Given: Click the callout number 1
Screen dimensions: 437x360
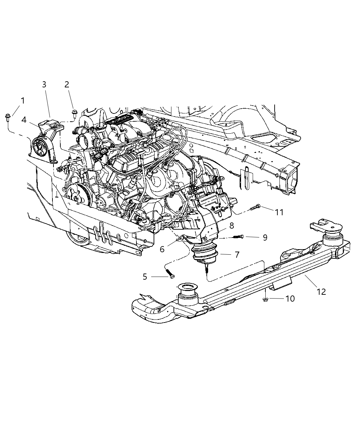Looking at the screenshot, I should [23, 101].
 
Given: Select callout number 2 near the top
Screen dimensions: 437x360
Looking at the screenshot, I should [67, 85].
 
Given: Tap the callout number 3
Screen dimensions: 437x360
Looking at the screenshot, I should [44, 85].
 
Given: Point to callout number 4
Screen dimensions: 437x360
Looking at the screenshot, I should [24, 120].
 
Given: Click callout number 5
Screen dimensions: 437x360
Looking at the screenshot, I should [145, 277].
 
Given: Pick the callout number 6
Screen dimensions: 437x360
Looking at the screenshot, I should [162, 249].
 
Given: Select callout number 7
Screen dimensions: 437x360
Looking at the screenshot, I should [237, 255].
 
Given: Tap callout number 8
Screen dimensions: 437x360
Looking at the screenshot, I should [232, 226].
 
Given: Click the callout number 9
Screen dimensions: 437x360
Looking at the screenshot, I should [265, 237].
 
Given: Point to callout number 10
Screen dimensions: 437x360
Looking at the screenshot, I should [290, 299].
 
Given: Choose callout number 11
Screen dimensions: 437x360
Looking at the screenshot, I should [279, 212].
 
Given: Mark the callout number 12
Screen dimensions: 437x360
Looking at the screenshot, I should [321, 292].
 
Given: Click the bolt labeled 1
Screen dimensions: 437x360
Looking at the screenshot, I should [8, 118].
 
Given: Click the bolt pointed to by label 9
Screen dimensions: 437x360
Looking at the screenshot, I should [239, 236].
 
